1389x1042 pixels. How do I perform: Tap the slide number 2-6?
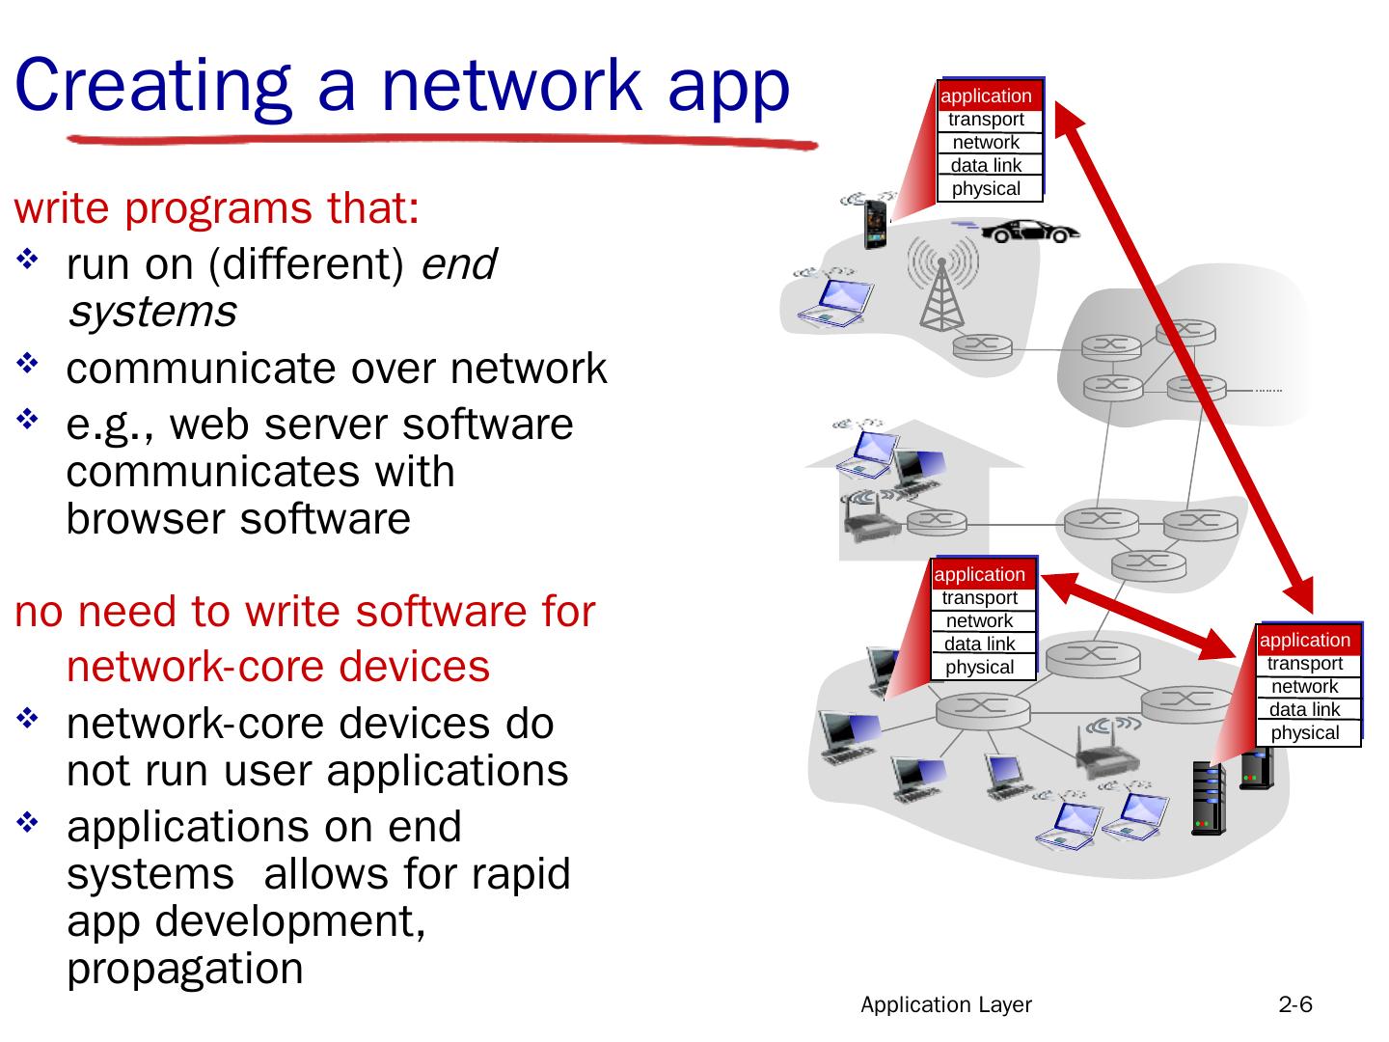[x=1295, y=1004]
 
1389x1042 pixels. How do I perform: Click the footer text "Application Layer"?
[x=945, y=1004]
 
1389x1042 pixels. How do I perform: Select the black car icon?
[x=1029, y=232]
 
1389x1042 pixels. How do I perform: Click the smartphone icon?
[x=876, y=225]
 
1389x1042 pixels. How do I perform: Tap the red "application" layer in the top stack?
[x=986, y=96]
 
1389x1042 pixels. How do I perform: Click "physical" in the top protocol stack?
[x=986, y=188]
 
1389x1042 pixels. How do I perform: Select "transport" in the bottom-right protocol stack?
[x=1304, y=663]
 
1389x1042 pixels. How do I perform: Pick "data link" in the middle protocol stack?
[x=979, y=644]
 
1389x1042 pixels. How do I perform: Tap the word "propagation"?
[x=185, y=968]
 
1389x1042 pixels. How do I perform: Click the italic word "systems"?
[x=151, y=312]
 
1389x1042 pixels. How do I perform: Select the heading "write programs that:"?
[x=217, y=208]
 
